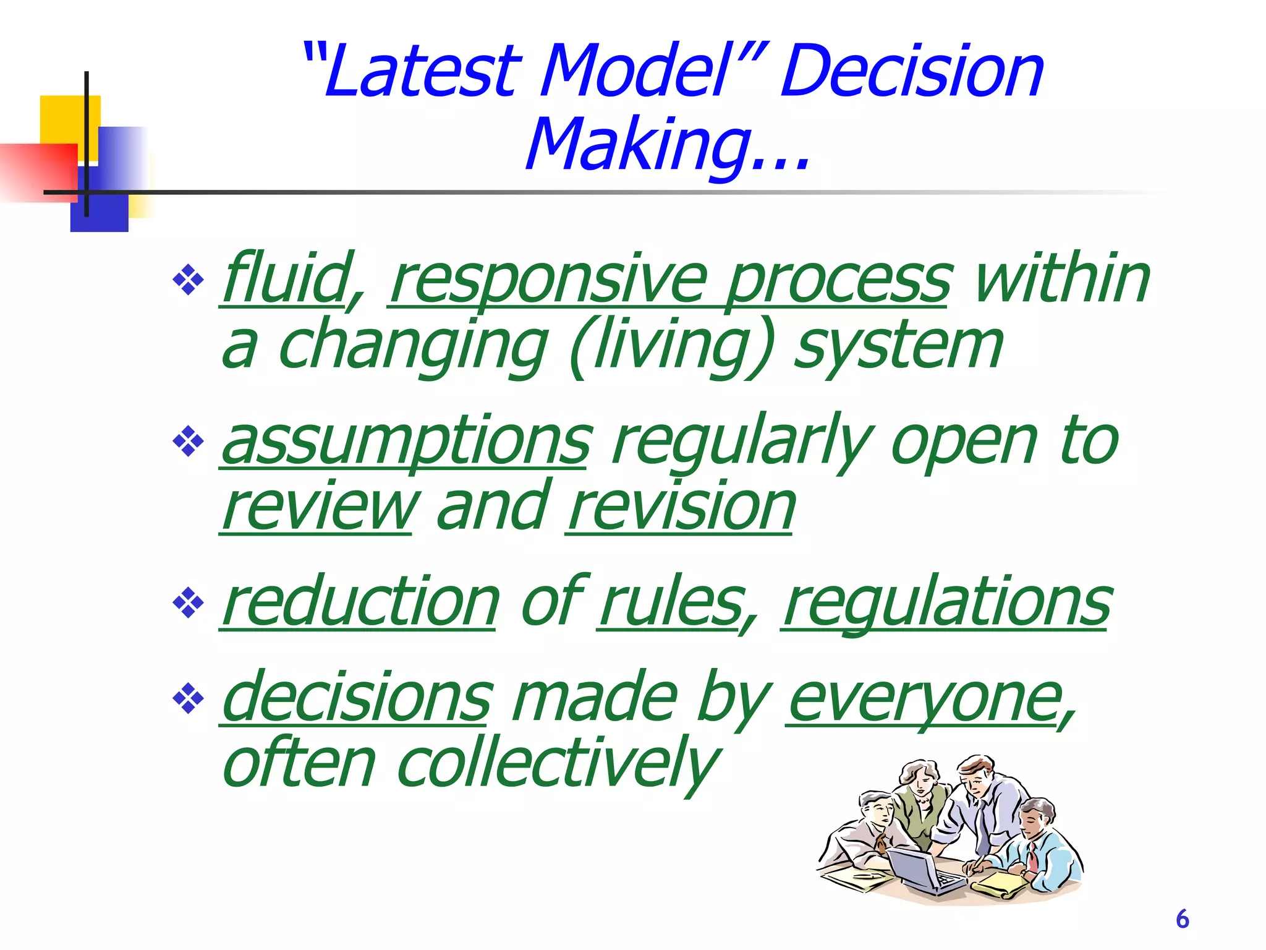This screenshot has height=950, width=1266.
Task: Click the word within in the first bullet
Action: tap(1061, 278)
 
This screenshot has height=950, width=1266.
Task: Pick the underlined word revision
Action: tap(681, 507)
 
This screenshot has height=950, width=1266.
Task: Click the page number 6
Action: tap(1182, 919)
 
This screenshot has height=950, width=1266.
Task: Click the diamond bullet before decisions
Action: tap(188, 700)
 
